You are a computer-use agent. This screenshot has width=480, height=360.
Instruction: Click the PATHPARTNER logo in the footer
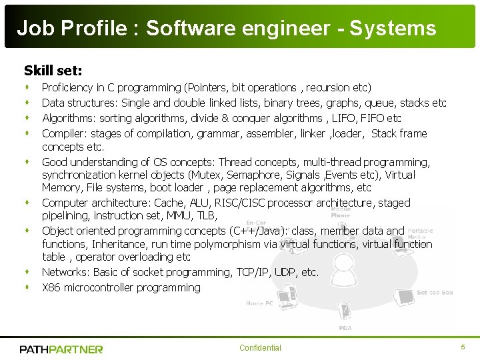pyautogui.click(x=61, y=349)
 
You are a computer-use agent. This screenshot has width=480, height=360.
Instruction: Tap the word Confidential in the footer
pyautogui.click(x=260, y=348)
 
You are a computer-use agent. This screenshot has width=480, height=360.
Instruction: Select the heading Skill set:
pyautogui.click(x=53, y=70)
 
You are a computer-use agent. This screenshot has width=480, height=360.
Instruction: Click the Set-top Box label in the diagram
pyautogui.click(x=435, y=292)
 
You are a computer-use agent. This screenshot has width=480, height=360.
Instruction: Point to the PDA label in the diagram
pyautogui.click(x=345, y=327)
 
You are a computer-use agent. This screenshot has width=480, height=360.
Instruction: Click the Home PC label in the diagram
pyautogui.click(x=259, y=303)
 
